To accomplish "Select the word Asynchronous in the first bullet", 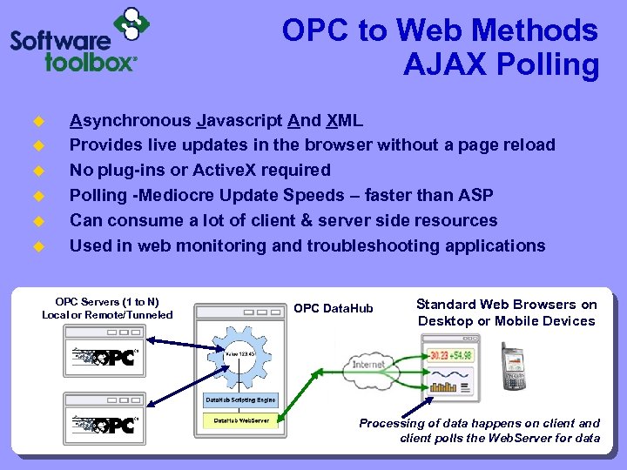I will pos(131,120).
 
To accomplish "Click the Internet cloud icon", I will pos(367,364).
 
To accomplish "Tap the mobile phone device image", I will pos(513,366).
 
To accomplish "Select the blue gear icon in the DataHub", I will pos(239,354).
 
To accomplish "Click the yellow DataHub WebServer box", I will pos(241,420).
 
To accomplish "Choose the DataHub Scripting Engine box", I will pos(240,400).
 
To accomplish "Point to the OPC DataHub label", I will pos(334,309).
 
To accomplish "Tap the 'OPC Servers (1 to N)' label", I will pos(107,301).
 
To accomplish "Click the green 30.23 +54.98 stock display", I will pos(450,354).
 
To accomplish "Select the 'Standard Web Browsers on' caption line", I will pos(506,305).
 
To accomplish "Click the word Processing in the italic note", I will pos(389,424).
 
